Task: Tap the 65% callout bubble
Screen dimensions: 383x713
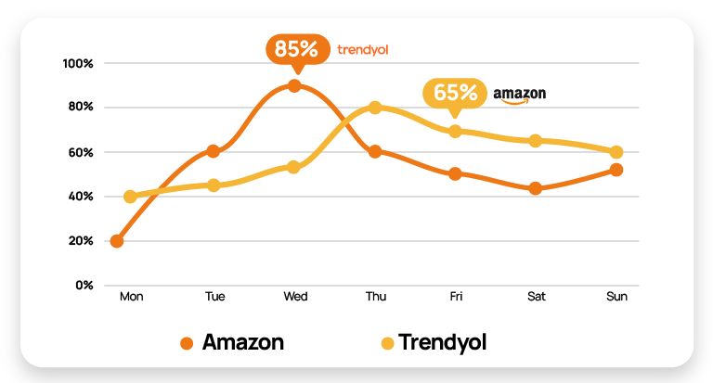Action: (454, 93)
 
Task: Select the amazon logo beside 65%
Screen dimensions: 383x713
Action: (519, 95)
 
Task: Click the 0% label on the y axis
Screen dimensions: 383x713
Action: (84, 285)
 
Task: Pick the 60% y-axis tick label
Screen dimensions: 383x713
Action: (81, 152)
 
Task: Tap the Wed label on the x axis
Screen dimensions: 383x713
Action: (295, 297)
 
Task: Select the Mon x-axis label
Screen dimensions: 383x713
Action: (131, 297)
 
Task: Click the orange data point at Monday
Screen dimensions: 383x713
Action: (117, 241)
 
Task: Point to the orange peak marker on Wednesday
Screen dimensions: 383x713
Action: (294, 86)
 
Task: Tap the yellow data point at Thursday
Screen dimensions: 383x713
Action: (375, 108)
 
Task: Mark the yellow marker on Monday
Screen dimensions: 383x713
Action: (130, 197)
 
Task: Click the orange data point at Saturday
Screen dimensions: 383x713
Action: (535, 188)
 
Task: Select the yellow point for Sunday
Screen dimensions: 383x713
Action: (616, 151)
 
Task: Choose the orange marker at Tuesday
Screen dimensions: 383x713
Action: (214, 151)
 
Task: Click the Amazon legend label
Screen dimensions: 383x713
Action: (242, 342)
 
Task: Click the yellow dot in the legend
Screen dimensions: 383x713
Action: (387, 343)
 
